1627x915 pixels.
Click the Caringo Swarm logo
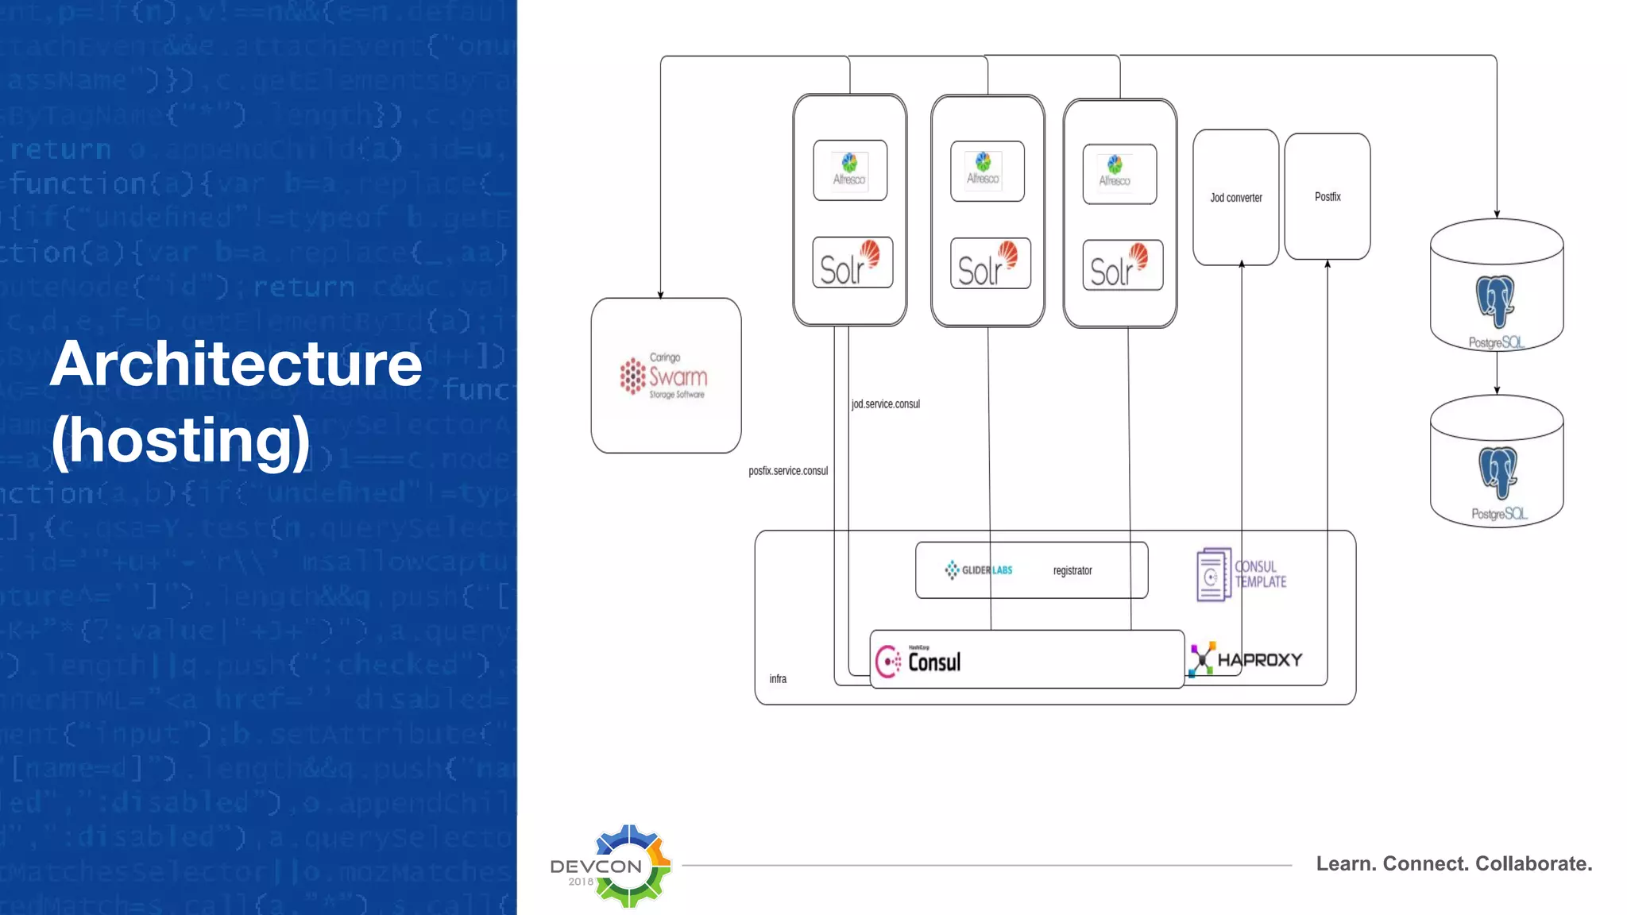pyautogui.click(x=664, y=376)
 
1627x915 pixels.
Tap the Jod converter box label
pyautogui.click(x=1235, y=198)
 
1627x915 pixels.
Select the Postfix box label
pyautogui.click(x=1327, y=196)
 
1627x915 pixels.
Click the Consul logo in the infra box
pyautogui.click(x=918, y=661)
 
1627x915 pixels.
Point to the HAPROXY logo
pyautogui.click(x=1246, y=659)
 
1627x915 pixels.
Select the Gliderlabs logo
pyautogui.click(x=978, y=569)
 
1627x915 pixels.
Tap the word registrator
pyautogui.click(x=1072, y=570)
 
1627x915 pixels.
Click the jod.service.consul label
pyautogui.click(x=885, y=403)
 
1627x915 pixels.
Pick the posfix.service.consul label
pyautogui.click(x=787, y=470)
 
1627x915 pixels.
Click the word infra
pyautogui.click(x=777, y=678)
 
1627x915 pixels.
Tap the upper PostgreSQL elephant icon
pyautogui.click(x=1495, y=301)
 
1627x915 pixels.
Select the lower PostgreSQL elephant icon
pyautogui.click(x=1498, y=473)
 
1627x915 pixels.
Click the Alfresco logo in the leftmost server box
pyautogui.click(x=849, y=170)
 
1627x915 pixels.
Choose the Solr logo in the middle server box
pyautogui.click(x=989, y=264)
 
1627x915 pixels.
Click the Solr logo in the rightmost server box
pyautogui.click(x=1122, y=265)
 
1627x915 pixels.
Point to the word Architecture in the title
pyautogui.click(x=236, y=364)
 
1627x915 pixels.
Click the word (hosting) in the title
pyautogui.click(x=180, y=439)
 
